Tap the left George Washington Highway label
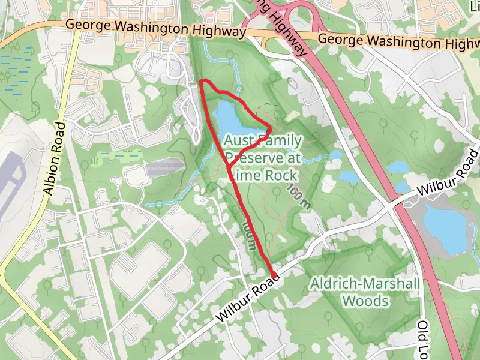coord(155,28)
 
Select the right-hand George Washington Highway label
coord(398,42)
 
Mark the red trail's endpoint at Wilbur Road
coord(274,275)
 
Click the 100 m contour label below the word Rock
coord(298,196)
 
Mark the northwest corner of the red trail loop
coord(202,82)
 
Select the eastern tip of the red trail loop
coord(270,128)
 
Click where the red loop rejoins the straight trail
coord(227,165)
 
